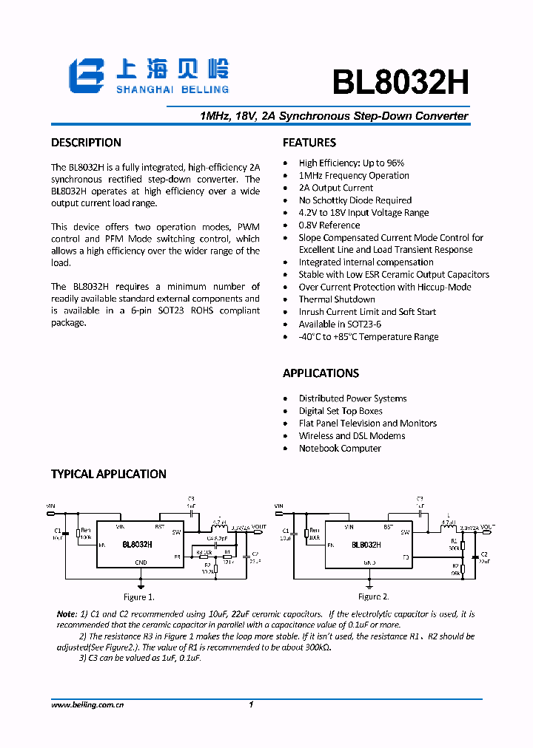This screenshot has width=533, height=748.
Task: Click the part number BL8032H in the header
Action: (400, 83)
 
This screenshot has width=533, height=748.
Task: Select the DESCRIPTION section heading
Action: (86, 143)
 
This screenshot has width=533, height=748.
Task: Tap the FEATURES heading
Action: (309, 143)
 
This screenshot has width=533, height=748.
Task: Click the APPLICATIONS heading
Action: (321, 373)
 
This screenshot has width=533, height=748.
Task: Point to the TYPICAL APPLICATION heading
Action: (108, 474)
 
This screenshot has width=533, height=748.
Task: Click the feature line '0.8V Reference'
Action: (329, 225)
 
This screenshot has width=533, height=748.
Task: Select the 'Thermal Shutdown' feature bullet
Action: (336, 299)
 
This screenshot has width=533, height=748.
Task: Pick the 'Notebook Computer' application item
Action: (339, 449)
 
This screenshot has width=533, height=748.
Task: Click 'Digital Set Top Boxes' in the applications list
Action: (341, 411)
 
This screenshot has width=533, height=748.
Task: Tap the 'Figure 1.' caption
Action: (139, 596)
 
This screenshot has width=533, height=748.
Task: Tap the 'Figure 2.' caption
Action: (373, 596)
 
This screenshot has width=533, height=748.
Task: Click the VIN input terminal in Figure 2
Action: (278, 507)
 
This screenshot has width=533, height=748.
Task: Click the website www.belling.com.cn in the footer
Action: (87, 705)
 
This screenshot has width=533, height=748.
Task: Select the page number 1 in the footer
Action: (252, 705)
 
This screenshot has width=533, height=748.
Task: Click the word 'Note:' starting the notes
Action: (67, 614)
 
